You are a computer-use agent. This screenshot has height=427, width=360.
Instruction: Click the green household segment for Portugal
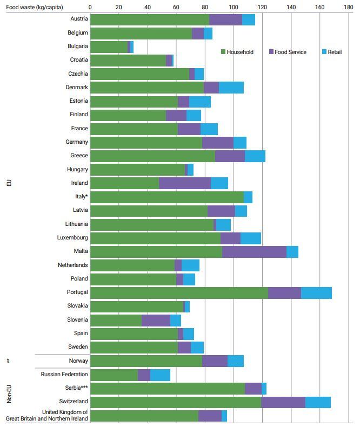point(179,292)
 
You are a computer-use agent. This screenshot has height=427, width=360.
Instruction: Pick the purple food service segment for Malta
point(254,251)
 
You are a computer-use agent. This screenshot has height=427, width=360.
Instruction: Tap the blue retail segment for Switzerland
point(318,402)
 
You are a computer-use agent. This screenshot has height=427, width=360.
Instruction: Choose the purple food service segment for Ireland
point(185,183)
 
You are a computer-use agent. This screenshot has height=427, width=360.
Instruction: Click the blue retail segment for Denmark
point(231,88)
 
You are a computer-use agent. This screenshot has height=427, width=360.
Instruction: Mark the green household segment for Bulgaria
point(109,46)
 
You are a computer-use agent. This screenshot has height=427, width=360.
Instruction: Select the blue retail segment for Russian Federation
point(160,375)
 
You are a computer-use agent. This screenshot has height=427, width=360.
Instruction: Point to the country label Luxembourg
point(72,237)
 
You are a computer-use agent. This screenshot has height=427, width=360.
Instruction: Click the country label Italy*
point(79,196)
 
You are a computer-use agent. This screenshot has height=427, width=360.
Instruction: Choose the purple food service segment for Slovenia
point(156,320)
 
